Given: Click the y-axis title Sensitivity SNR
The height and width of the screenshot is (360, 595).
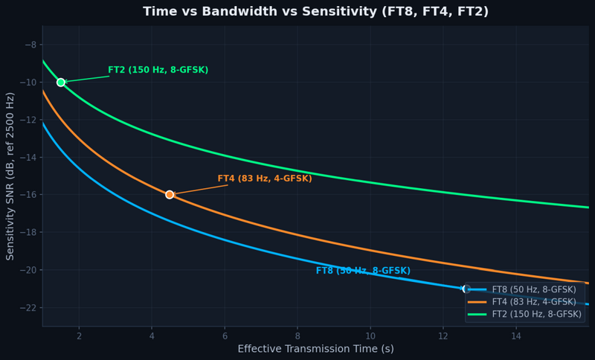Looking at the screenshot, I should pos(10,176).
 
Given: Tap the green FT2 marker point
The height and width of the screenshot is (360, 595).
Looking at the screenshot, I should pos(61,82).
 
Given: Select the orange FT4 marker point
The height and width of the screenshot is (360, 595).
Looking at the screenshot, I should pos(170,194).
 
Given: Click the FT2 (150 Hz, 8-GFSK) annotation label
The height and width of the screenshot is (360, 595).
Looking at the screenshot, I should pos(158,70).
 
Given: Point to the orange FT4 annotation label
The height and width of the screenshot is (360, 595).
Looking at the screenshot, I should pos(264,179).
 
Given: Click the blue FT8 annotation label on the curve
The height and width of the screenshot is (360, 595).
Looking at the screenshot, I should pos(363,271).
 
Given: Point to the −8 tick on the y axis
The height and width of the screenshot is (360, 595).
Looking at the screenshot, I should pos(30,45).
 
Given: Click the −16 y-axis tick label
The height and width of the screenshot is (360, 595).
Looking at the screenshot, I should pos(28,195).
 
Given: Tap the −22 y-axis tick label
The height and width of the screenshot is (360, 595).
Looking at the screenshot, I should pos(28,307).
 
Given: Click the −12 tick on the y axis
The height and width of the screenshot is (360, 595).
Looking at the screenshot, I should pos(28,120).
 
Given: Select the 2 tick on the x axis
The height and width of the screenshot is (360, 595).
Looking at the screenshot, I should pos(79,335).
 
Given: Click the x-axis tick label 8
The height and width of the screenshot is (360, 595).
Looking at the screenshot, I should pos(297,335).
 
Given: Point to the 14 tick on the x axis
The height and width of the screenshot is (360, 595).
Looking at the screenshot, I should pos(516,335).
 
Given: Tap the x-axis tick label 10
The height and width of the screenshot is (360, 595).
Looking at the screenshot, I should pos(370,335).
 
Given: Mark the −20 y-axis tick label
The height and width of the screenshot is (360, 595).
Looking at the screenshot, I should pos(28,270).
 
